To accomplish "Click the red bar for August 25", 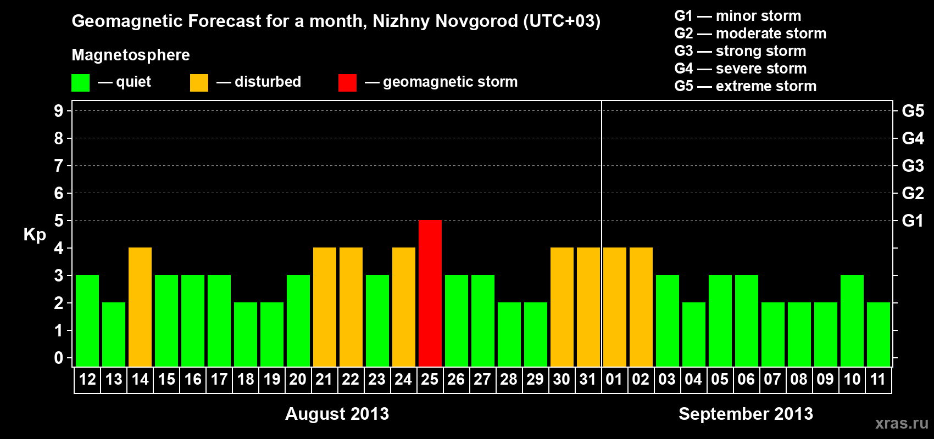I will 430,293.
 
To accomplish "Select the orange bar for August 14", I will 140,307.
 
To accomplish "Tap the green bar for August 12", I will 87,320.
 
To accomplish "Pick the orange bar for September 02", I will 641,307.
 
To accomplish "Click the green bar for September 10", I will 852,320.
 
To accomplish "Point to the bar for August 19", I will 272,334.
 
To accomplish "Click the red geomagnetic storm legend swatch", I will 347,83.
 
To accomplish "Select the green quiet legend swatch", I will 80,83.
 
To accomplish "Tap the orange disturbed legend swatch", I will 199,83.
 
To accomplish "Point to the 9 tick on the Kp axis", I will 59,111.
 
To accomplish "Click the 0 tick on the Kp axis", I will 59,358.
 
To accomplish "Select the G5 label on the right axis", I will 913,111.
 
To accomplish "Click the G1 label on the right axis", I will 913,221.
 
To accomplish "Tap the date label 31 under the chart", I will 588,380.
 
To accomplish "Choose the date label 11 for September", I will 878,380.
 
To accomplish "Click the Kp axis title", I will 35,235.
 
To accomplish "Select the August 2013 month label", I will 337,414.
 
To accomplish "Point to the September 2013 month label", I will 746,414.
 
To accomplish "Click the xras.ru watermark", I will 902,423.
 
